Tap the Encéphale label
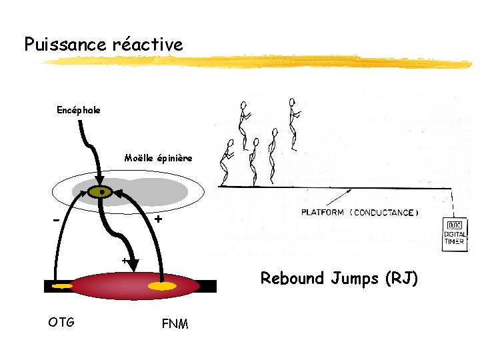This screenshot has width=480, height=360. coord(79,110)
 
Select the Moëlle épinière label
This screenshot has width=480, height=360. coord(158,158)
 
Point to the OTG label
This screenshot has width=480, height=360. coord(61,323)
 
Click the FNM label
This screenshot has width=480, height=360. coord(175,324)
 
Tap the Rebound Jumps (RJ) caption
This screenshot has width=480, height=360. coord(339,278)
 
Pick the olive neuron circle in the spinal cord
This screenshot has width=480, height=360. coord(101,192)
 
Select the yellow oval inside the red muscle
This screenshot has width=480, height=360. coord(162,287)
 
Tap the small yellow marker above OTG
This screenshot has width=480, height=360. coord(61,287)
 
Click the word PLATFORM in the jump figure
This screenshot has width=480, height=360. coord(323,213)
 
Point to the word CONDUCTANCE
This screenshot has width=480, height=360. coord(386,213)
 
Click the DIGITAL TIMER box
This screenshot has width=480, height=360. coord(456,234)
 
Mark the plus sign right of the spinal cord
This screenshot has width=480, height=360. coord(157,219)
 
